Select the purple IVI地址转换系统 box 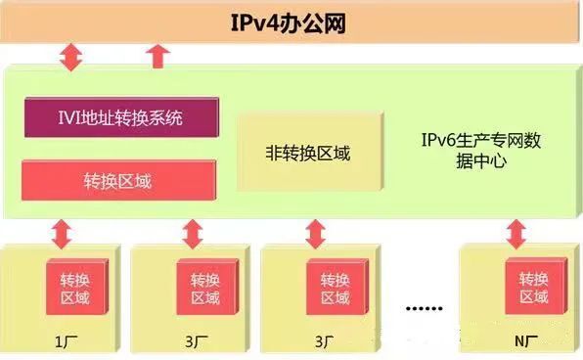(x=118, y=119)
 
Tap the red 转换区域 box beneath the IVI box (x=118, y=180)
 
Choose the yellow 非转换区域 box (x=307, y=154)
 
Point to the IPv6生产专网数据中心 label (x=479, y=153)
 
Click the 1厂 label (x=66, y=341)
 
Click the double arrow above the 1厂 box (x=62, y=235)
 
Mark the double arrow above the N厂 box (x=517, y=235)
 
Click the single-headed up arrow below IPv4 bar (x=157, y=56)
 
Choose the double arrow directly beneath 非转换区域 (x=315, y=235)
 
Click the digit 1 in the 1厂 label (x=60, y=341)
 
